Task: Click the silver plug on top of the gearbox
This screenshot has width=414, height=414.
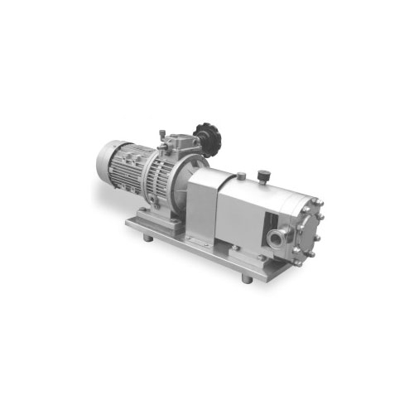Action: click(239, 176)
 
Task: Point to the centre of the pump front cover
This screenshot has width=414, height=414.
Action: click(308, 221)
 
